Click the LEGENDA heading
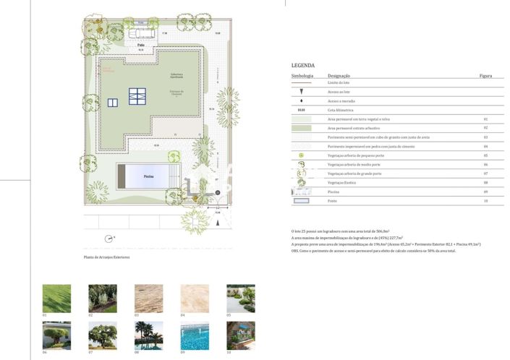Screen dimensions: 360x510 (302, 65)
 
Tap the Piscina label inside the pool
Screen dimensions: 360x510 (148, 176)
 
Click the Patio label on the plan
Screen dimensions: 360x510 (141, 45)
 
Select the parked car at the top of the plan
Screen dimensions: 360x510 (143, 33)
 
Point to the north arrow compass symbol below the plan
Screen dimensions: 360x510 (109, 238)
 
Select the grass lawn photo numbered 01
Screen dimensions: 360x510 (56, 298)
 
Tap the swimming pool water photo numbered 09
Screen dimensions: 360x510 (195, 335)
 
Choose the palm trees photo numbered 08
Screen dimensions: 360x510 (148, 335)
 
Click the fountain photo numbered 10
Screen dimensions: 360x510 (240, 335)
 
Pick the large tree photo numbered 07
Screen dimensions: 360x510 (103, 335)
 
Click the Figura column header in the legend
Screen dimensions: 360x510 (485, 75)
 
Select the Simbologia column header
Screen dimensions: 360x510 (302, 75)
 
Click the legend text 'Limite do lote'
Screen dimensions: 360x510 (339, 83)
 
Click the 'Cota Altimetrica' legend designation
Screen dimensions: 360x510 (341, 110)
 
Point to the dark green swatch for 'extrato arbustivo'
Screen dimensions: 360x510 (302, 128)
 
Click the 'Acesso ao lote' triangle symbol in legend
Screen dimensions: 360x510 (302, 92)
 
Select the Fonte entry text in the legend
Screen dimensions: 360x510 (332, 201)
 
